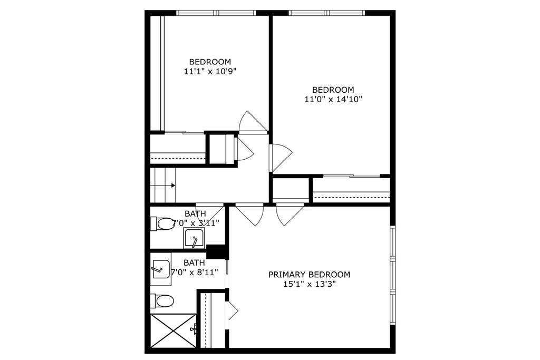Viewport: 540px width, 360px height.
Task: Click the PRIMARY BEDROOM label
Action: (309, 274)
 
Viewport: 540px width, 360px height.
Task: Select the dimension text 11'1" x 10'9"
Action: (210, 72)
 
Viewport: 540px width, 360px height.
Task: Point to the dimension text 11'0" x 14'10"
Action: (333, 100)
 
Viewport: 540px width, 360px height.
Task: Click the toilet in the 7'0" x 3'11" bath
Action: (162, 223)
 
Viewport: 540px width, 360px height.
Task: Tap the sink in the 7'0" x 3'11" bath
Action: (194, 238)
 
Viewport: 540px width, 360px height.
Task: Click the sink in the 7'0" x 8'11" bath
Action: (160, 269)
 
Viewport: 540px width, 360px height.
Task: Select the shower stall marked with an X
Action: (173, 330)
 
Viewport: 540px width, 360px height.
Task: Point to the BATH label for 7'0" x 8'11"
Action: (194, 262)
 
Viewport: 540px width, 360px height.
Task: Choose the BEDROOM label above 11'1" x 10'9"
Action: (210, 62)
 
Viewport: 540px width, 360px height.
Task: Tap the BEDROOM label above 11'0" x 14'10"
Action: (333, 90)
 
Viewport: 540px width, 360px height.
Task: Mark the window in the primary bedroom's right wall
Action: (392, 275)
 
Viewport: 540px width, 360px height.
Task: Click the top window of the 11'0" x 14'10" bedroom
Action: (326, 13)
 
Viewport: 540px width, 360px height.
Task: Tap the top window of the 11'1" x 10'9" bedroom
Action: (216, 13)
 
